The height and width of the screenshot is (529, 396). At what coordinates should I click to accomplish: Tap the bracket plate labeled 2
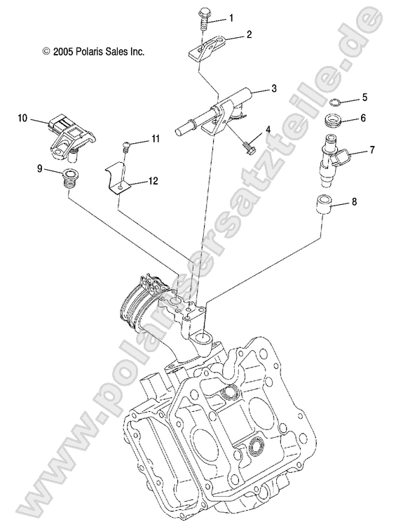tap(205, 52)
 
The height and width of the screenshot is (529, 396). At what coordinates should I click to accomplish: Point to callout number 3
tap(254, 88)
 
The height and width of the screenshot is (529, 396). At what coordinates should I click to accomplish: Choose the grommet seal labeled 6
tap(334, 119)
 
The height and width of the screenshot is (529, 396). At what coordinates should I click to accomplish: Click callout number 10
tap(22, 119)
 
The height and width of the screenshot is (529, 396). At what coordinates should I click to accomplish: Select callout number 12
tap(153, 181)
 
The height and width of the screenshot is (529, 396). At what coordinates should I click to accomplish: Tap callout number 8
tap(353, 203)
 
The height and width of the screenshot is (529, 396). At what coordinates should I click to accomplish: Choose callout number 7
tap(371, 150)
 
